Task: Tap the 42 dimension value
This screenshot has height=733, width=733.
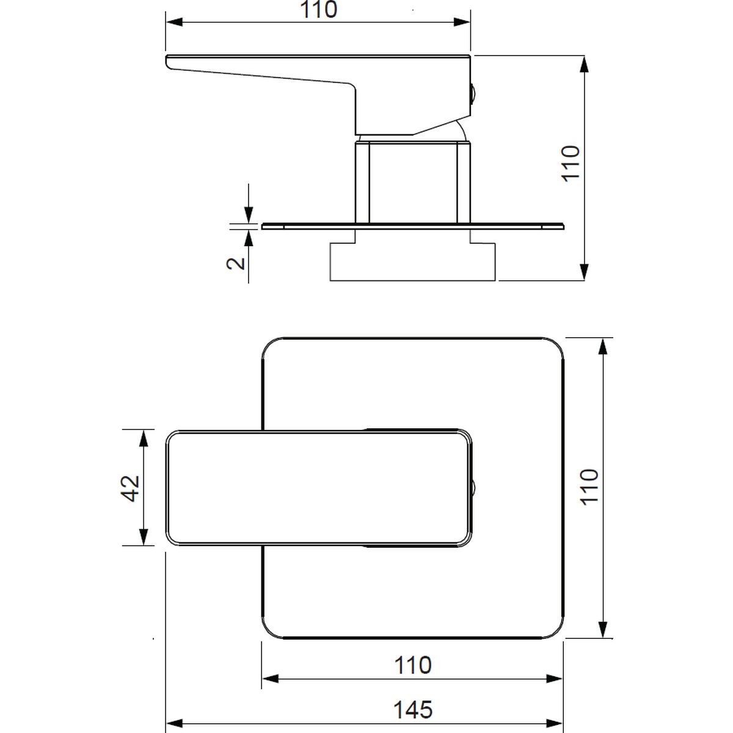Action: [130, 489]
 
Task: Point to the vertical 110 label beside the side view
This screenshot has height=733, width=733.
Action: [571, 164]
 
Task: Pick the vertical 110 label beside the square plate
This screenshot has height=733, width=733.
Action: [589, 487]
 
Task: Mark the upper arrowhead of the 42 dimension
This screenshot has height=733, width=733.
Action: [144, 438]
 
